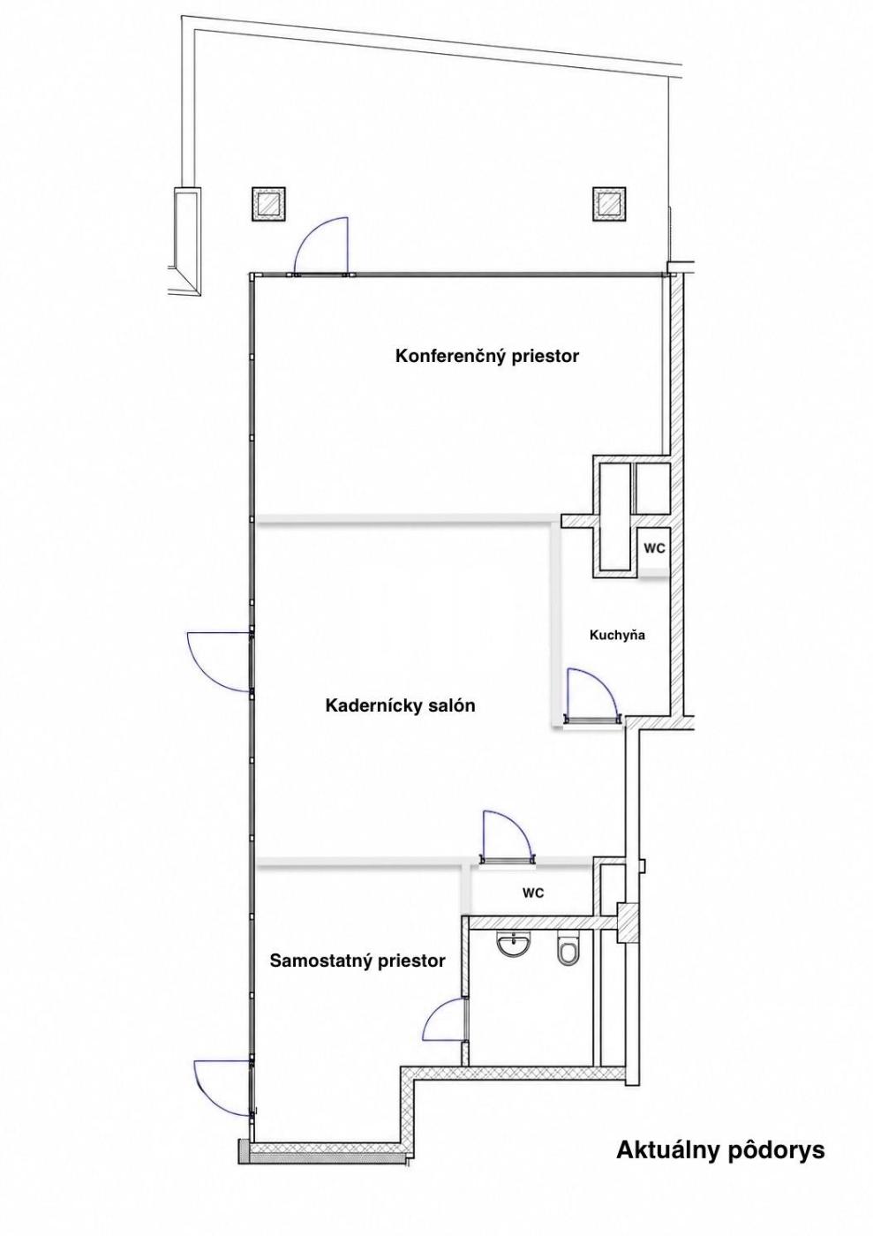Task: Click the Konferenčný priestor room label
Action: [486, 357]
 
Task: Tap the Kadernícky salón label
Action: [400, 705]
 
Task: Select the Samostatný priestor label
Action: [357, 961]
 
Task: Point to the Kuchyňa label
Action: [617, 636]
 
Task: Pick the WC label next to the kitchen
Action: [654, 549]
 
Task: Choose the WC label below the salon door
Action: [533, 893]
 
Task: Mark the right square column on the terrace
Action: [609, 204]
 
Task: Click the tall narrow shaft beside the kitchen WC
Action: [615, 517]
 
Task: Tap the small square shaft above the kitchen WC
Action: [652, 488]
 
